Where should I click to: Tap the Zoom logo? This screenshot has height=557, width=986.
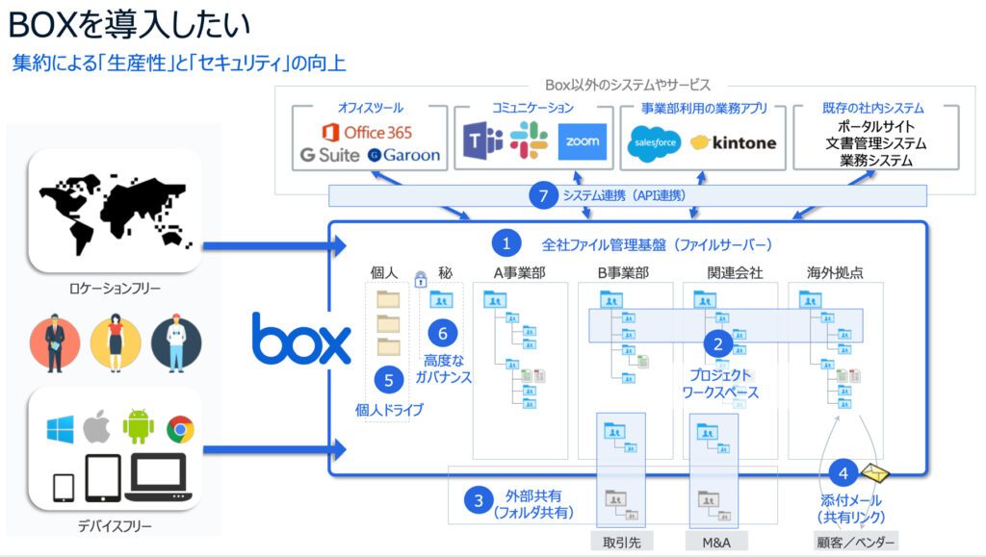pos(582,141)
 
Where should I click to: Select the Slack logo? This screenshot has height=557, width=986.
pos(529,141)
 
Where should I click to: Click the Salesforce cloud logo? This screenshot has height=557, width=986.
pos(656,143)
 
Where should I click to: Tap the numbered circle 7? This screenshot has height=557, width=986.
pos(543,195)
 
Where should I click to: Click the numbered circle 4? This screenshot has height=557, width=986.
pos(843,473)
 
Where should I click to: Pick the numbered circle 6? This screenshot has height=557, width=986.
pos(443,334)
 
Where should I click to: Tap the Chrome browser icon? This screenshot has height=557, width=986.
pos(180,428)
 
